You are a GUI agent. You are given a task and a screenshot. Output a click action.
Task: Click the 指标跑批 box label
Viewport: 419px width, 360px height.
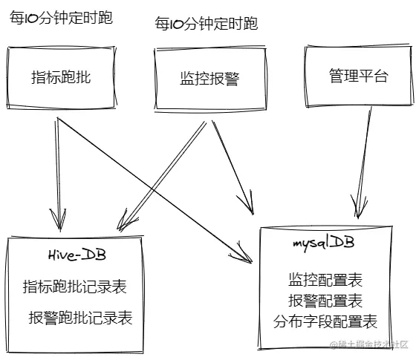[62, 77]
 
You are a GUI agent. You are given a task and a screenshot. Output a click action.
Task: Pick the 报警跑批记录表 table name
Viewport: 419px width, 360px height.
[80, 318]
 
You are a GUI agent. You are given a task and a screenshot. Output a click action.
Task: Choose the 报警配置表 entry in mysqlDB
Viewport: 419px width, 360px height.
[325, 301]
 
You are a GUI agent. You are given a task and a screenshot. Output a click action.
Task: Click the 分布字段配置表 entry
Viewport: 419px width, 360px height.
[325, 321]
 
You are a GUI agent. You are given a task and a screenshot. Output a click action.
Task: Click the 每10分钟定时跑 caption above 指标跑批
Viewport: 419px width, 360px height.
[61, 18]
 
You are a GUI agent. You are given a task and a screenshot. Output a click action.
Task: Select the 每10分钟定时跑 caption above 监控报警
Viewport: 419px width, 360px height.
[206, 24]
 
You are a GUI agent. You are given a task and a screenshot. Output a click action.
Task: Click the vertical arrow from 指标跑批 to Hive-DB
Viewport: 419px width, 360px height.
[56, 171]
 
